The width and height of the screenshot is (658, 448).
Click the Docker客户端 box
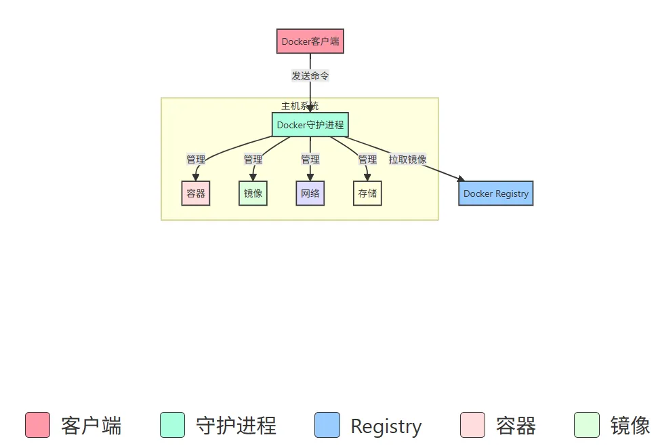(310, 41)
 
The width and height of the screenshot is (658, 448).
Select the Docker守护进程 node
(310, 125)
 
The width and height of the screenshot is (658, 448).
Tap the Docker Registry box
(495, 193)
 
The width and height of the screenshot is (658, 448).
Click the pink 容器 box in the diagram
(196, 193)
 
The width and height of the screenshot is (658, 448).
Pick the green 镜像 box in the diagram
(253, 193)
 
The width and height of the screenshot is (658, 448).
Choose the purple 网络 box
(310, 193)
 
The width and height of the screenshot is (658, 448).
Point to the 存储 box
(367, 193)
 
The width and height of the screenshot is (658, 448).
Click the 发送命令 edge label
(310, 76)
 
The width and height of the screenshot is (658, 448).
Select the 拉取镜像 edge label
(407, 160)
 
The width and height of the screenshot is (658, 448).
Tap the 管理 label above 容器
(196, 160)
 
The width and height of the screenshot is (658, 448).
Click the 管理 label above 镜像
(253, 160)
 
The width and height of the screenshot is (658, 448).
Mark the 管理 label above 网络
(310, 160)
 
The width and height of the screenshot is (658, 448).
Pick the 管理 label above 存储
(367, 160)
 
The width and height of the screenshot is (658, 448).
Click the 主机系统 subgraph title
(300, 106)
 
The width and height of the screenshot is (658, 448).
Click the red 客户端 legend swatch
(37, 425)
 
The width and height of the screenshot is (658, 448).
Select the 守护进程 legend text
(236, 426)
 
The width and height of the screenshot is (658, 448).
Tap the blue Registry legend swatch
(327, 425)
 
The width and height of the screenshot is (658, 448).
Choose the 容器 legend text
(516, 426)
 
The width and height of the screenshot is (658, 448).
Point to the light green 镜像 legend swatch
(587, 425)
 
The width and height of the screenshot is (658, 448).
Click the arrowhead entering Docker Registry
(461, 179)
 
